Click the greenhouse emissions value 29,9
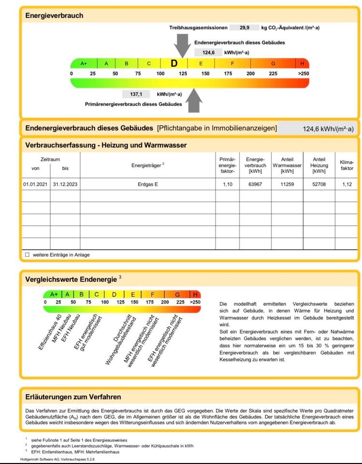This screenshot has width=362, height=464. pyautogui.click(x=245, y=28)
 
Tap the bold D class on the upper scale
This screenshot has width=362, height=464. pyautogui.click(x=174, y=63)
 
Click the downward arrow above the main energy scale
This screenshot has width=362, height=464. pyautogui.click(x=182, y=45)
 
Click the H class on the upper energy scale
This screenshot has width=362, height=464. pyautogui.click(x=302, y=63)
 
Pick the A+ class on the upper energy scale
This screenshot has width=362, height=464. pyautogui.click(x=84, y=63)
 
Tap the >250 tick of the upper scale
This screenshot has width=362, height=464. pyautogui.click(x=303, y=73)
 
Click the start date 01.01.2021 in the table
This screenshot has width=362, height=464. pyautogui.click(x=36, y=184)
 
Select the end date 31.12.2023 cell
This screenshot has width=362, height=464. pyautogui.click(x=65, y=184)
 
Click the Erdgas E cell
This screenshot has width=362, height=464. pyautogui.click(x=148, y=184)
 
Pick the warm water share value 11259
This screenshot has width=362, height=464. pyautogui.click(x=287, y=184)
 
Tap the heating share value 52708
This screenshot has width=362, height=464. pyautogui.click(x=319, y=184)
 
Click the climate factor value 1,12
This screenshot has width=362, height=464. pyautogui.click(x=347, y=184)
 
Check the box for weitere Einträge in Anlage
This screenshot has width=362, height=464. pyautogui.click(x=27, y=255)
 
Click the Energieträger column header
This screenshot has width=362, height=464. pyautogui.click(x=148, y=165)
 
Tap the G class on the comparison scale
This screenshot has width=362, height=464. pyautogui.click(x=177, y=294)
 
